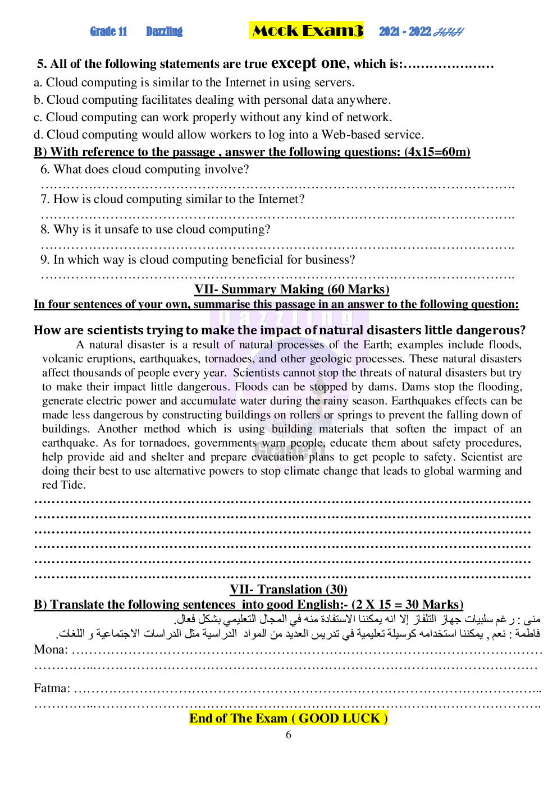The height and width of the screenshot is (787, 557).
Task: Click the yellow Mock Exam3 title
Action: (307, 31)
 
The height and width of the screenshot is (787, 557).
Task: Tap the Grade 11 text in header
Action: (108, 31)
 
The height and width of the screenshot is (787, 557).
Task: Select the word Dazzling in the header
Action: (164, 31)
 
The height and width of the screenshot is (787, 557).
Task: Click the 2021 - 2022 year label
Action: (405, 31)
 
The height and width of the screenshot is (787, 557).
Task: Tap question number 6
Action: (45, 169)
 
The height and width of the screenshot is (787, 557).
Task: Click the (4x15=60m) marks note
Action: (437, 152)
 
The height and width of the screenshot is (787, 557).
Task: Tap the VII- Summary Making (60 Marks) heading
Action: (291, 289)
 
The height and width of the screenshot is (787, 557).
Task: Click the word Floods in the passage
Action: (252, 387)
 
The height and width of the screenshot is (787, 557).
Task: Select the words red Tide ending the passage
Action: (63, 485)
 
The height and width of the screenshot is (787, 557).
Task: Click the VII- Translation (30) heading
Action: (288, 590)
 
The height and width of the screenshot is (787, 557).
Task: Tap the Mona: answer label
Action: (51, 650)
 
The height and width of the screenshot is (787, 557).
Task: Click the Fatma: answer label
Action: (52, 688)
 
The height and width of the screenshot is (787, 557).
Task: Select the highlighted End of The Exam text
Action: (288, 719)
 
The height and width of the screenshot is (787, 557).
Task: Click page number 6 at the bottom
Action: (289, 735)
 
